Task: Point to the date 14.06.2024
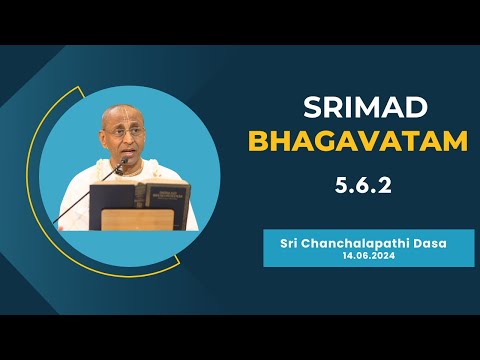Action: click(368, 256)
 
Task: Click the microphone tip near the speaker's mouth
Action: click(127, 163)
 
